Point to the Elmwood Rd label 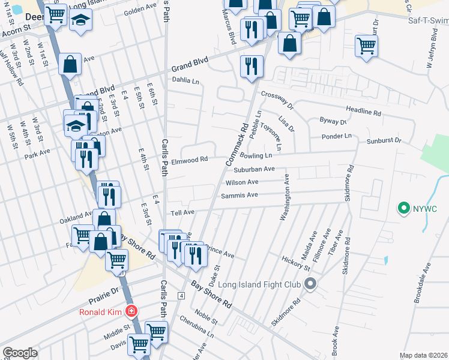(189, 160)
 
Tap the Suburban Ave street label (254, 170)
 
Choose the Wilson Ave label (242, 182)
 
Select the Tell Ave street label (182, 212)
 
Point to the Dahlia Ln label (185, 80)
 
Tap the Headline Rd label (364, 111)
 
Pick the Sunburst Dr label (384, 141)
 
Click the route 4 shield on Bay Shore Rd (181, 296)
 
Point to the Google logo (20, 353)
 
